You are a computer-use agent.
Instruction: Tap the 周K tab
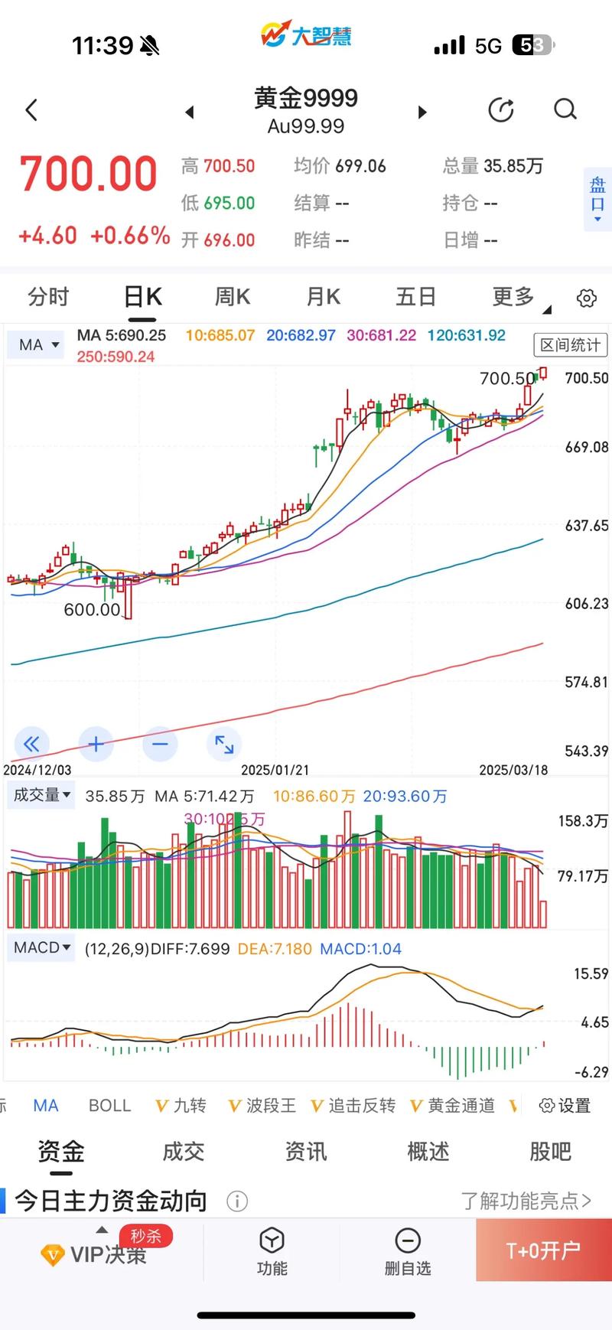click(233, 297)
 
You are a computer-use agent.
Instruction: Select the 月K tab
click(323, 297)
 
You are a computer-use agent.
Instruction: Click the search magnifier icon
click(565, 109)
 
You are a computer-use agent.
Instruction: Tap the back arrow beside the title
click(32, 110)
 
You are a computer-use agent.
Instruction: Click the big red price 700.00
click(89, 174)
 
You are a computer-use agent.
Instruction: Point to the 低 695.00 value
click(218, 203)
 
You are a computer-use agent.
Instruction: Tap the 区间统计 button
click(570, 345)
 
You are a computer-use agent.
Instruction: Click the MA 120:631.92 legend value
click(466, 335)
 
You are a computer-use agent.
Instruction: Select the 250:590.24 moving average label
click(116, 357)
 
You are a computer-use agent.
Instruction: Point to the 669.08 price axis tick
click(586, 447)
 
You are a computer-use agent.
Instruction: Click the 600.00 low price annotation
click(92, 610)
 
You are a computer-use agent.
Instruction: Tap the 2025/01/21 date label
click(275, 770)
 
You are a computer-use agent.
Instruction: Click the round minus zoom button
click(160, 744)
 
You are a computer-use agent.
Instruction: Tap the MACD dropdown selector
click(42, 948)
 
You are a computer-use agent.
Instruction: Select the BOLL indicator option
click(109, 1106)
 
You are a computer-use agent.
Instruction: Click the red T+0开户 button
click(543, 1250)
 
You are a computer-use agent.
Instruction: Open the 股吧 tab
click(550, 1152)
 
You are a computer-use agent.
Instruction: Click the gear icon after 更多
click(587, 298)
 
